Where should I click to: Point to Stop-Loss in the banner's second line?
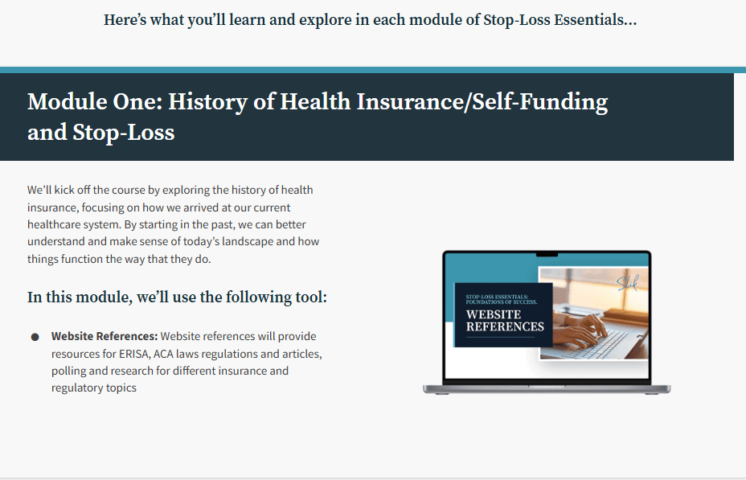pos(124,132)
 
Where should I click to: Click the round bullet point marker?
pos(35,337)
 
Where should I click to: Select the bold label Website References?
pos(105,336)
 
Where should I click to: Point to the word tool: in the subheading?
pos(311,297)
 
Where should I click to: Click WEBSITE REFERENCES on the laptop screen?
pos(505,321)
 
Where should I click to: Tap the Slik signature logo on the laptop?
pos(627,282)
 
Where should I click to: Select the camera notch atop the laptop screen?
pos(547,255)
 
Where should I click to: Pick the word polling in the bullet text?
pos(68,371)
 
